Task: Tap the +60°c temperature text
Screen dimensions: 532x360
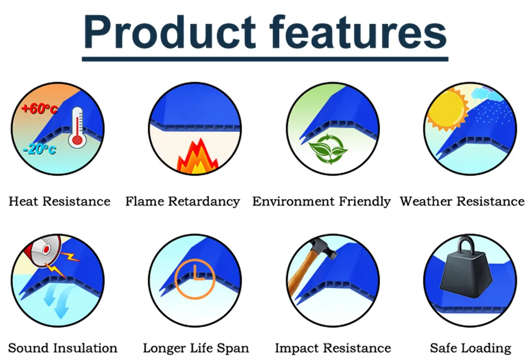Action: [39, 108]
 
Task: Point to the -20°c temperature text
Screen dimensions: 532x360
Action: [40, 149]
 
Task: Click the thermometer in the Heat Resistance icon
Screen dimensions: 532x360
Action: [77, 127]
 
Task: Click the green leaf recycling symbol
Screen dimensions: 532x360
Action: [328, 149]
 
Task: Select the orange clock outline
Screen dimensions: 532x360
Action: [195, 279]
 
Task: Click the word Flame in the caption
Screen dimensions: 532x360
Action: [145, 201]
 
